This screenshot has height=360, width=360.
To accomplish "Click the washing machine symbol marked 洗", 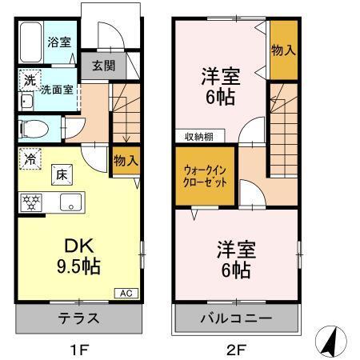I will click(x=28, y=80).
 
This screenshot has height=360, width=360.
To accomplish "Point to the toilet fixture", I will click(x=34, y=128).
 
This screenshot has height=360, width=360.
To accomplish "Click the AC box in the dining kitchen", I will click(x=126, y=293).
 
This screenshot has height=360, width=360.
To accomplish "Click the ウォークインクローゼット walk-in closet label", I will click(x=206, y=175).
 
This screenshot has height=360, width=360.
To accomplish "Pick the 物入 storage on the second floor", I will click(x=283, y=50).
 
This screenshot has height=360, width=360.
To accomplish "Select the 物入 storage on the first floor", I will click(x=126, y=160).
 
